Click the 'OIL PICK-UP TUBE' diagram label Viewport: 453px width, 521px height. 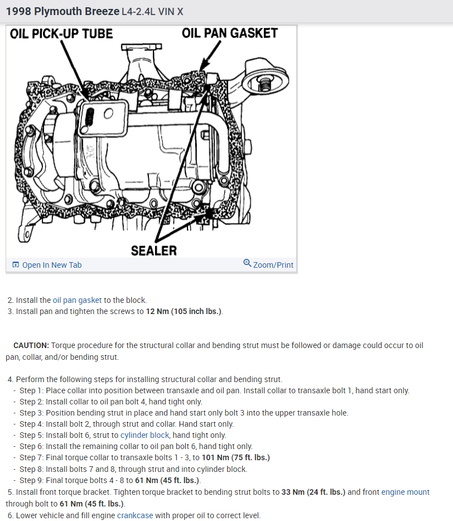coord(61,34)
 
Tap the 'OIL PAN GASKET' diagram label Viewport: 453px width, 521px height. coord(229,33)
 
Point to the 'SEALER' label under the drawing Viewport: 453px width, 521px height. coord(153,250)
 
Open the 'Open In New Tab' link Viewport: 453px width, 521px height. coord(51,265)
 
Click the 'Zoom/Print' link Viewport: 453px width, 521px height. coord(273,265)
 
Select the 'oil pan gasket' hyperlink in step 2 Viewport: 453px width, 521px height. coord(77,300)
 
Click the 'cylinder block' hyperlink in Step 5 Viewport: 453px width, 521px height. coord(143,435)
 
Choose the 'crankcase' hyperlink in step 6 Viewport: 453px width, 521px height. coord(135,515)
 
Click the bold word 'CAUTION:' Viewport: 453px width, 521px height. coord(31,345)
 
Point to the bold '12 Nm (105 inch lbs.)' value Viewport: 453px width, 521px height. coord(184,311)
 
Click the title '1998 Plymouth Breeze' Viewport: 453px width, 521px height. coord(62,11)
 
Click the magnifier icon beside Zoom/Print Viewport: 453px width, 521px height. coord(247,263)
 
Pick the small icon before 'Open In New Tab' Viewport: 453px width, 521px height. coord(15,265)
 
